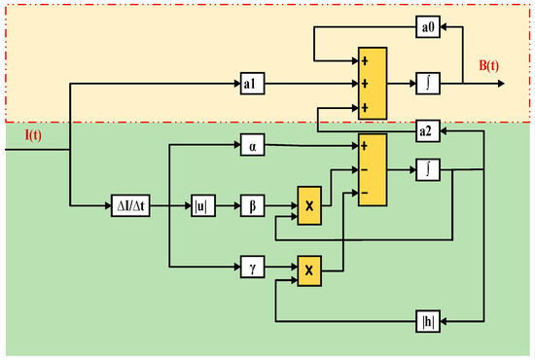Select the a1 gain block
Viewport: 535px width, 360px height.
point(252,85)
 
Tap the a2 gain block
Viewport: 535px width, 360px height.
point(427,130)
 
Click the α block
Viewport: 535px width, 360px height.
point(252,147)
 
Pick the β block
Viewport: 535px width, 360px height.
point(252,207)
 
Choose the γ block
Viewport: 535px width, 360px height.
point(252,265)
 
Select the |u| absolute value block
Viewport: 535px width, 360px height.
point(203,207)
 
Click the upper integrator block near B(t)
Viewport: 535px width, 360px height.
point(427,85)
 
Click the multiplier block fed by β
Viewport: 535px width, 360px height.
point(308,207)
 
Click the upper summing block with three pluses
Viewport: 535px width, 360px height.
point(373,85)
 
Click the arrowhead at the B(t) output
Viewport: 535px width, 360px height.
point(501,85)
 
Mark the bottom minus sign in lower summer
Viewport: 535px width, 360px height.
point(365,193)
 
